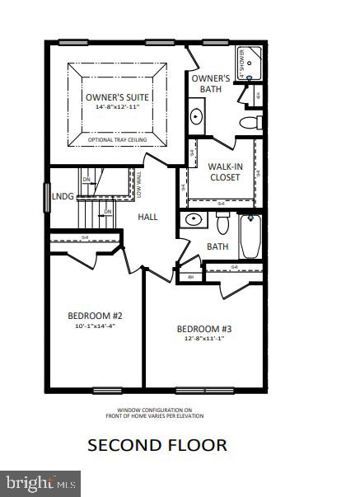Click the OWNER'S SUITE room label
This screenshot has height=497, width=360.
pos(119,97)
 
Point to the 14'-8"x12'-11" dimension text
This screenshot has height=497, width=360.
pos(119,108)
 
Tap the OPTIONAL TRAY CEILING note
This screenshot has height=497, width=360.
pos(118,140)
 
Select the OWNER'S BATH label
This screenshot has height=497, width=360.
pos(212,83)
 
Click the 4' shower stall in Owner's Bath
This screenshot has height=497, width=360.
pos(251,62)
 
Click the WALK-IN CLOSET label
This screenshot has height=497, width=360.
pos(224,171)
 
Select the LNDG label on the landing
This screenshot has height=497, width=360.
pos(63,197)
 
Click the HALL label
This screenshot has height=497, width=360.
pos(147,217)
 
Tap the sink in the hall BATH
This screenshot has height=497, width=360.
pos(193,220)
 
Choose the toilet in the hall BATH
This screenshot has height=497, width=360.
pos(222,223)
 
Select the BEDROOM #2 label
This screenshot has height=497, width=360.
pos(95,316)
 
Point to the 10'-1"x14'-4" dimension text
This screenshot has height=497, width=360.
pos(95,326)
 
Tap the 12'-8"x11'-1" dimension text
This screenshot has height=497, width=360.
pos(204,340)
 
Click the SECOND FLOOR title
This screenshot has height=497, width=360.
pos(157,445)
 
